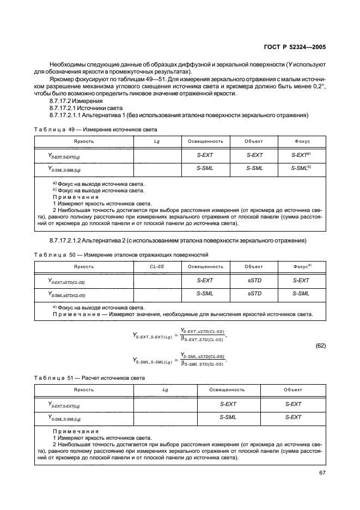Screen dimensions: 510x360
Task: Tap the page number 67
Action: (322, 472)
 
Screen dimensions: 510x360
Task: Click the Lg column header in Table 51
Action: (165, 390)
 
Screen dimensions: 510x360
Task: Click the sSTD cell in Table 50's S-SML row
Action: (254, 294)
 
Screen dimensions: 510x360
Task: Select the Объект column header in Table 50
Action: (254, 266)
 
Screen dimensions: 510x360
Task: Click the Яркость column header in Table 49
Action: (84, 141)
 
